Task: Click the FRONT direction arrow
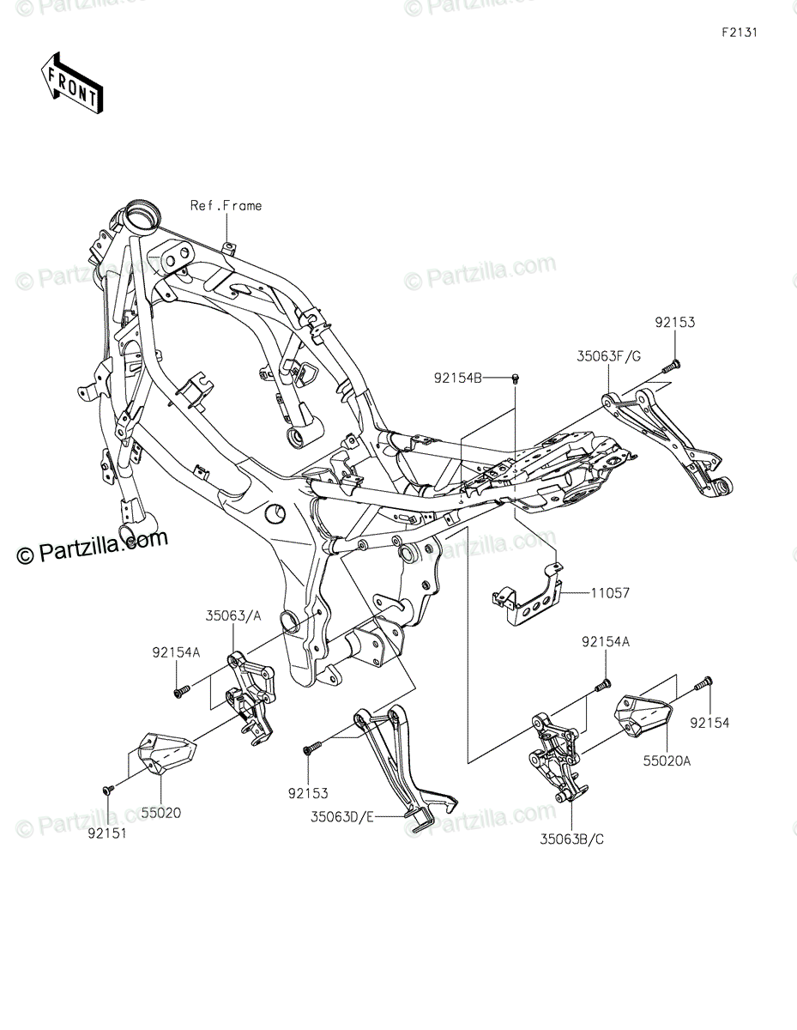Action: click(x=71, y=83)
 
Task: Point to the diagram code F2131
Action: click(x=740, y=33)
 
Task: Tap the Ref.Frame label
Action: click(x=226, y=205)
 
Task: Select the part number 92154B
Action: click(x=458, y=378)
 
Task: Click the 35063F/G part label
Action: click(x=608, y=356)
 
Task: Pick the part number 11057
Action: click(x=610, y=592)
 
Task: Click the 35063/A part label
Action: click(x=233, y=615)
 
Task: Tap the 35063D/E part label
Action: click(x=342, y=816)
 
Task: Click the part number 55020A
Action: click(x=667, y=760)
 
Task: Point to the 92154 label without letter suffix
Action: click(x=709, y=723)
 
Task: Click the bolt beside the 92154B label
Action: click(x=516, y=378)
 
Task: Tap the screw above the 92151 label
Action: click(x=108, y=789)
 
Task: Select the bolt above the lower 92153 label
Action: click(x=312, y=748)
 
